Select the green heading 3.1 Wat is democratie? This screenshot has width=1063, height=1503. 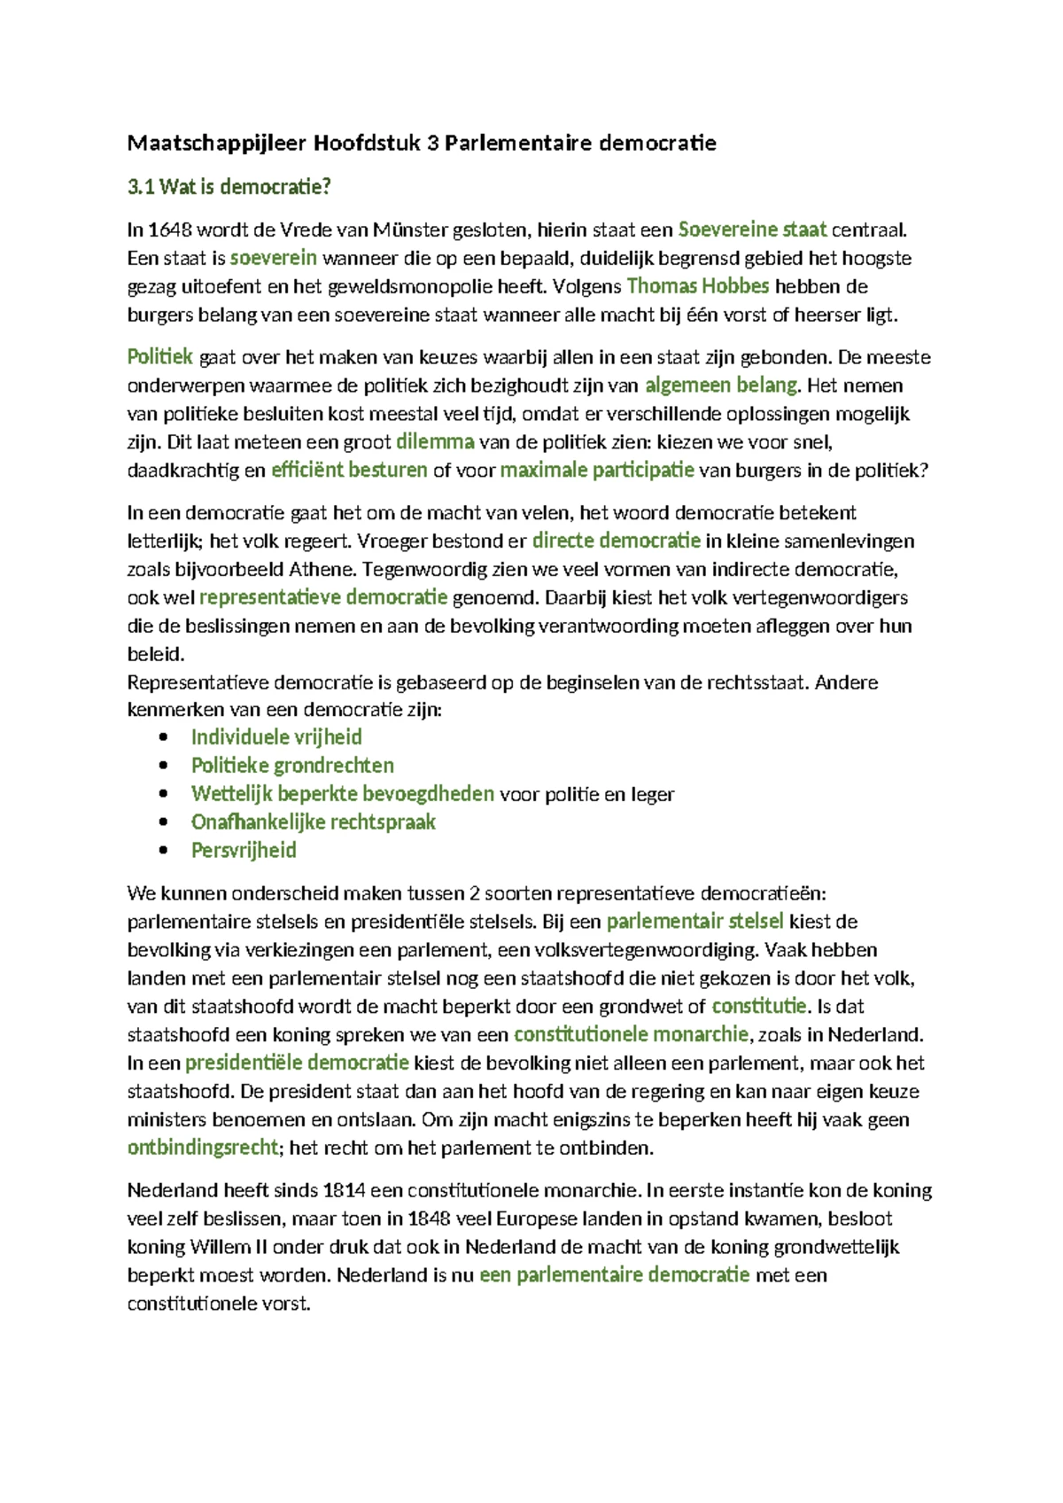point(229,187)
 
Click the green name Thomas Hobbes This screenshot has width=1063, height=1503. point(697,286)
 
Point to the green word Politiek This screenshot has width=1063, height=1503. point(159,357)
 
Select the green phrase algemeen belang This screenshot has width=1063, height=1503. point(721,385)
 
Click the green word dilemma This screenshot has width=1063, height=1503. point(434,441)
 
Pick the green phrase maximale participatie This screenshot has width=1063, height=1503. point(596,470)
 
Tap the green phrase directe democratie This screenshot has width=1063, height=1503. point(616,541)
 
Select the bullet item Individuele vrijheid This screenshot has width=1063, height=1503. point(276,737)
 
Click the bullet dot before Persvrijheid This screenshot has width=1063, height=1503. point(162,851)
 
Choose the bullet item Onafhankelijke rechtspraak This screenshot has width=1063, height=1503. point(314,822)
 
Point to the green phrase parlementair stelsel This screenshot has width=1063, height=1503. point(694,922)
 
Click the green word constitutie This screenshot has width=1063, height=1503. point(758,1006)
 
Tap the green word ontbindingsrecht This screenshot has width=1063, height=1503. point(203,1148)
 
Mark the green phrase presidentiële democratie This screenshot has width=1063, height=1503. point(297,1063)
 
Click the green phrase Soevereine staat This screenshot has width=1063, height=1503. point(752,230)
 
